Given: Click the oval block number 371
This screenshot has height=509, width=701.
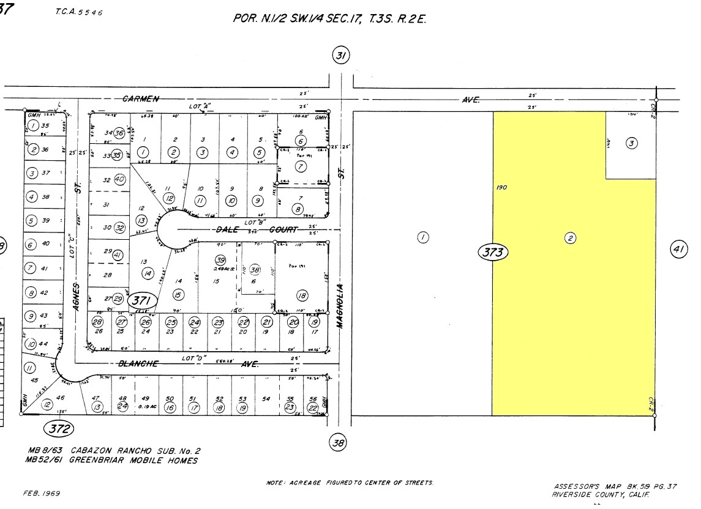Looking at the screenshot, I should click(143, 300).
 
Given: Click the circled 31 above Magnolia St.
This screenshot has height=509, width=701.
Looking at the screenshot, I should click(340, 56).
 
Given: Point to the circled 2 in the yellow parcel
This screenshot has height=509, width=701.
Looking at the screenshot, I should click(570, 239).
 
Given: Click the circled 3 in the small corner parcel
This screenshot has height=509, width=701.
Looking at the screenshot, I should click(631, 143).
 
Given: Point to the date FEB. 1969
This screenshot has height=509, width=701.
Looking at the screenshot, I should click(42, 493).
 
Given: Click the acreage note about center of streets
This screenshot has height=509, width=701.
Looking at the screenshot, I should click(351, 483).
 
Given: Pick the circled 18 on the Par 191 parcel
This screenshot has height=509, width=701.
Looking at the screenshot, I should click(301, 296).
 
